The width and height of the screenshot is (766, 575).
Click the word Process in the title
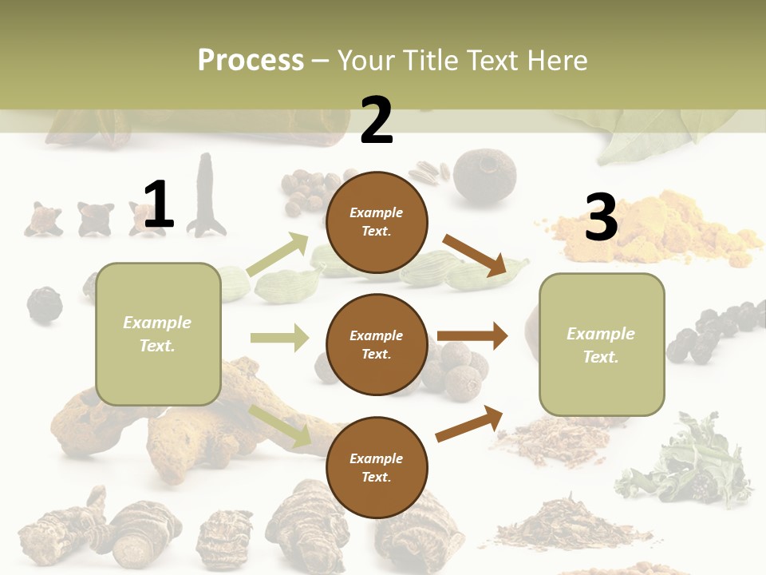click(x=251, y=61)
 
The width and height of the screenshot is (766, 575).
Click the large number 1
click(x=159, y=204)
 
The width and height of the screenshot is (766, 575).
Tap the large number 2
click(x=377, y=120)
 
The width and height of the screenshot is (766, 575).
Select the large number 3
click(x=601, y=217)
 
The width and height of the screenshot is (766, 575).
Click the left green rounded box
click(x=158, y=334)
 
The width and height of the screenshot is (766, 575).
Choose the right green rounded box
click(x=602, y=344)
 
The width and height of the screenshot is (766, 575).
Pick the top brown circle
click(x=377, y=221)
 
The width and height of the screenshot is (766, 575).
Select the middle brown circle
click(x=377, y=344)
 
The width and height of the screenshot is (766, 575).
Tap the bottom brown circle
click(x=377, y=467)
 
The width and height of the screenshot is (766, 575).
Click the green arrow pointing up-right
click(x=278, y=255)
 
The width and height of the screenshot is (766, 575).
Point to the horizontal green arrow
click(x=279, y=338)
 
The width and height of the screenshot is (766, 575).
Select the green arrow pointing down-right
click(x=280, y=426)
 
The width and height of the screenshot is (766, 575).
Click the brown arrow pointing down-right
click(x=474, y=254)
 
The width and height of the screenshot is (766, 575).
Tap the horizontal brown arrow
click(x=472, y=336)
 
